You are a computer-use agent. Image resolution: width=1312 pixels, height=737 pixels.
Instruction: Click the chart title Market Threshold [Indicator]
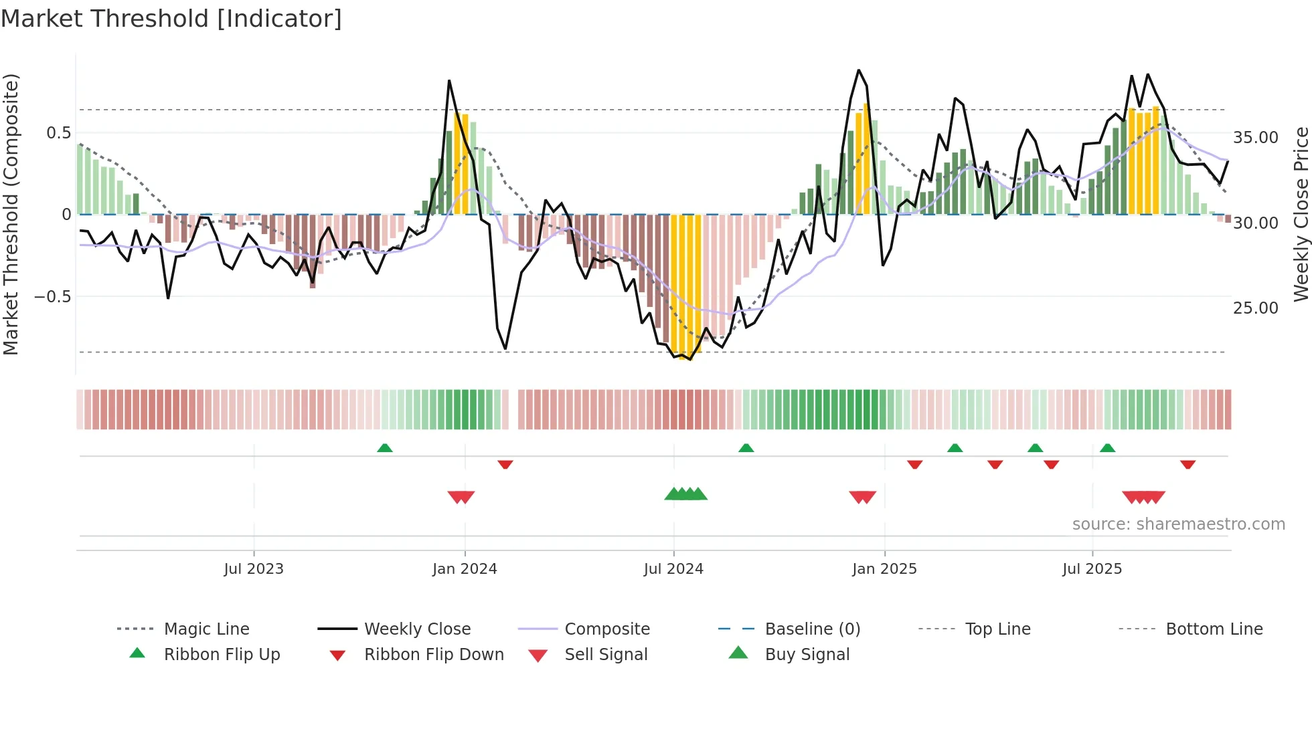(171, 19)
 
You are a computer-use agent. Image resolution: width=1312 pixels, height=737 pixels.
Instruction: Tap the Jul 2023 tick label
(254, 569)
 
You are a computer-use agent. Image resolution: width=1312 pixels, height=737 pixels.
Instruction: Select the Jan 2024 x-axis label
(465, 569)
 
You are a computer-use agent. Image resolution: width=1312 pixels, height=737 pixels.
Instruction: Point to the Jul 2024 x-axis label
(673, 569)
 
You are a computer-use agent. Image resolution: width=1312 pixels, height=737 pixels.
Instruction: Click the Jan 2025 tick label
(884, 569)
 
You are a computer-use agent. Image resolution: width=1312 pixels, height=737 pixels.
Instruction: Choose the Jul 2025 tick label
(1092, 569)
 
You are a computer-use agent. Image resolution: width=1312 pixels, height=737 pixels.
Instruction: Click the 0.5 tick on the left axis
(59, 133)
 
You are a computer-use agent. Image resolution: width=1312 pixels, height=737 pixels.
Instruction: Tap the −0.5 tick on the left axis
(53, 297)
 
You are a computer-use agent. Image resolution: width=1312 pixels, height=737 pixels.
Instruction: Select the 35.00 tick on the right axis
(1256, 138)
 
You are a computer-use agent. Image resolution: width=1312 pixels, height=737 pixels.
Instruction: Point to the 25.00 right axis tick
(1256, 308)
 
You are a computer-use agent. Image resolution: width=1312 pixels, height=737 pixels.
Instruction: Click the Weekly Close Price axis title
(1301, 214)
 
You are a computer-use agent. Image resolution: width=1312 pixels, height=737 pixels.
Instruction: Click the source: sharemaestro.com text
(1178, 524)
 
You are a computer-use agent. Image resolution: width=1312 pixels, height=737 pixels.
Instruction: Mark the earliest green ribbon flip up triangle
(385, 448)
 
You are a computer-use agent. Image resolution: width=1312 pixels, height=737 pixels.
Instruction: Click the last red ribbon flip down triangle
(1188, 464)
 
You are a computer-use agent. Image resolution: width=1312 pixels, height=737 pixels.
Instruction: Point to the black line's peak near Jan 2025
(859, 70)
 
